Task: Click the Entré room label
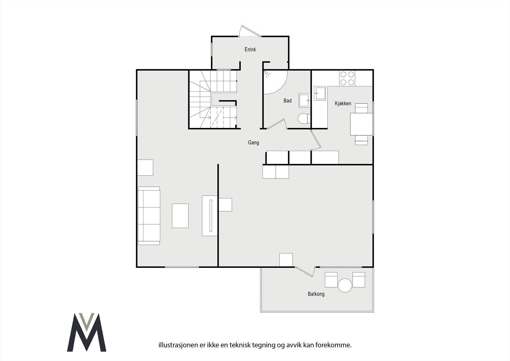tap(250, 49)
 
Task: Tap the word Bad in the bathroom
tap(288, 101)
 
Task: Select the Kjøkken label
tap(343, 103)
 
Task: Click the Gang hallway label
tap(253, 143)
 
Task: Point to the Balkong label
tap(316, 294)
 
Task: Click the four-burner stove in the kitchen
tap(347, 78)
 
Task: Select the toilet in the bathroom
tap(303, 119)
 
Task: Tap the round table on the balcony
tap(345, 285)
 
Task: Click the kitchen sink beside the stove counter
tap(320, 93)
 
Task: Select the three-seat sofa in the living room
tap(149, 216)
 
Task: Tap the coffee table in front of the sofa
tap(180, 216)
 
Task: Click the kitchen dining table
tap(361, 124)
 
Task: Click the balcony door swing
tap(305, 271)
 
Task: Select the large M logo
tap(86, 332)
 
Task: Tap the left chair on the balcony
tap(331, 280)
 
